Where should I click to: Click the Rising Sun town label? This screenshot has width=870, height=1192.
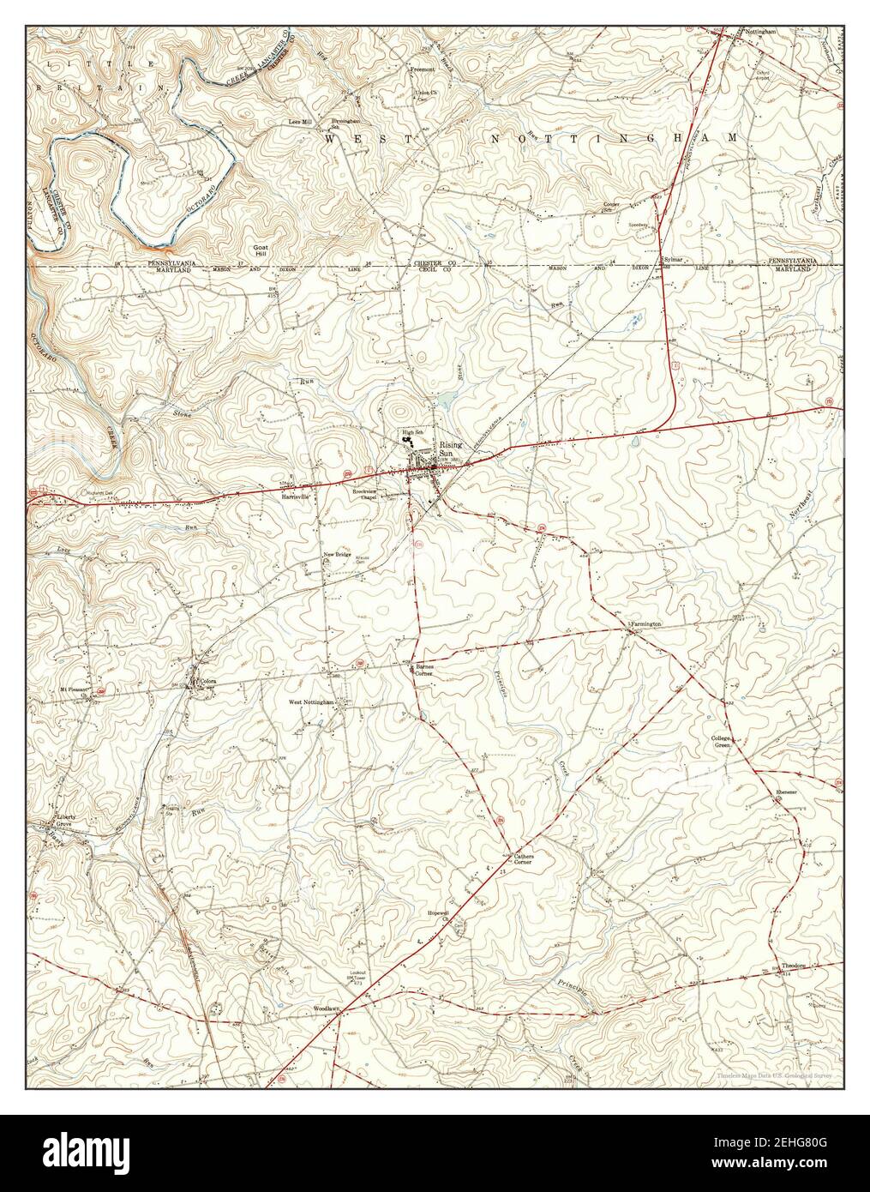[x=451, y=449]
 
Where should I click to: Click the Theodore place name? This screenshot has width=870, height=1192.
[x=794, y=965]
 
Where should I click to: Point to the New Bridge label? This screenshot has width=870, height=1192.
[x=337, y=555]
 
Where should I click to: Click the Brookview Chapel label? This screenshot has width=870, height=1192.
[x=366, y=494]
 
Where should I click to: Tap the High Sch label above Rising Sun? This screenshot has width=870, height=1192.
[x=405, y=431]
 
